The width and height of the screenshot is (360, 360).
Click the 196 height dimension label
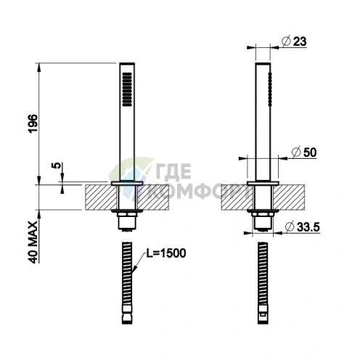click(33, 123)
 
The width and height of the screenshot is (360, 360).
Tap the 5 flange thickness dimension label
click(56, 165)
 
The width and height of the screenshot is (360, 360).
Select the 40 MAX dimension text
click(33, 242)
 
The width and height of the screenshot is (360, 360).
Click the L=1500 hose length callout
click(166, 253)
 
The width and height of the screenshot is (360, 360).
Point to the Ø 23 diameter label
click(294, 41)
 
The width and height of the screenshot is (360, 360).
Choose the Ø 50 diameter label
click(304, 152)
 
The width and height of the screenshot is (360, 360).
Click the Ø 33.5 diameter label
click(303, 227)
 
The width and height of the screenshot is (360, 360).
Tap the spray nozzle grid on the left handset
click(127, 89)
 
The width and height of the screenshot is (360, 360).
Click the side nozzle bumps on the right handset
click(270, 89)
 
